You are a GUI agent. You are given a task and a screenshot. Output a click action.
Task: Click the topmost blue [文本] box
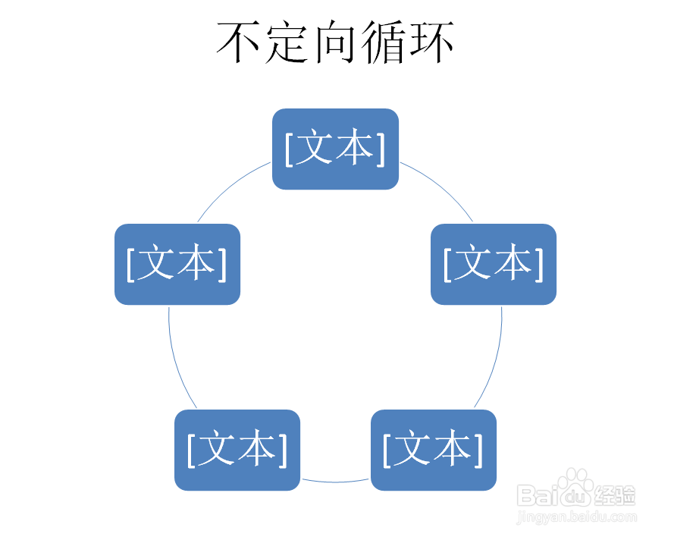(x=335, y=149)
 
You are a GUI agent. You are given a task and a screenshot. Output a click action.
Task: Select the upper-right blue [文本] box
(x=494, y=264)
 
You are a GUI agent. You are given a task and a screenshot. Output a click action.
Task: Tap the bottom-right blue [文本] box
(x=433, y=450)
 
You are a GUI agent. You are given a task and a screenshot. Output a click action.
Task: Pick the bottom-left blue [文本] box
(x=237, y=450)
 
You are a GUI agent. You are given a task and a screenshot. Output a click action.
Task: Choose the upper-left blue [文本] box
(x=177, y=264)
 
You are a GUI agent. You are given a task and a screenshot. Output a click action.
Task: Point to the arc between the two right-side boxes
(x=494, y=356)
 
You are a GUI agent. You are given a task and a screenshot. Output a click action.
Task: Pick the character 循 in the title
(x=384, y=42)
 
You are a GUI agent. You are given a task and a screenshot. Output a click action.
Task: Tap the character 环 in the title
(x=431, y=42)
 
